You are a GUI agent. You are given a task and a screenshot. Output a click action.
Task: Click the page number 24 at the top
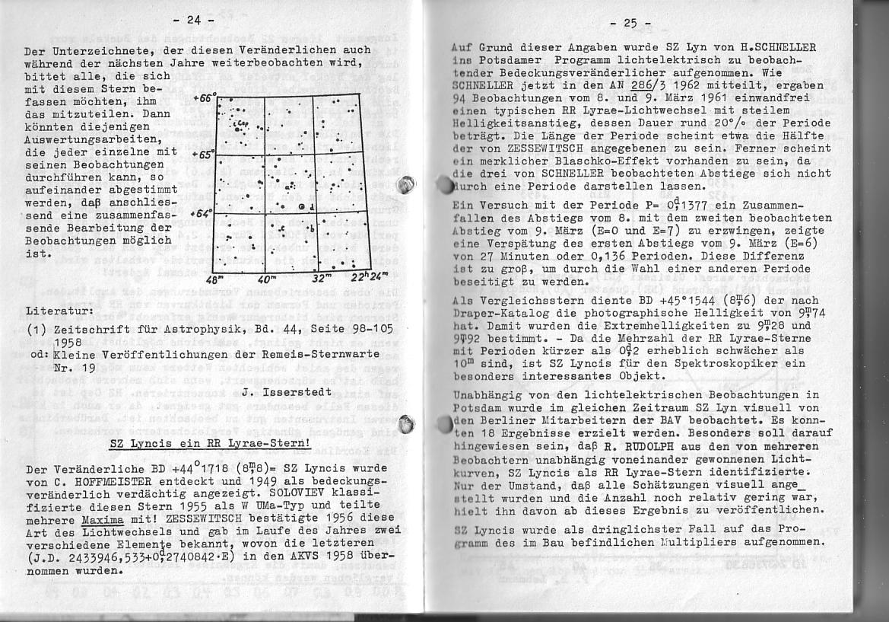[195, 21]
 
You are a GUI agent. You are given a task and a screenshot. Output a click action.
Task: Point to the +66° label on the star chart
[204, 98]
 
